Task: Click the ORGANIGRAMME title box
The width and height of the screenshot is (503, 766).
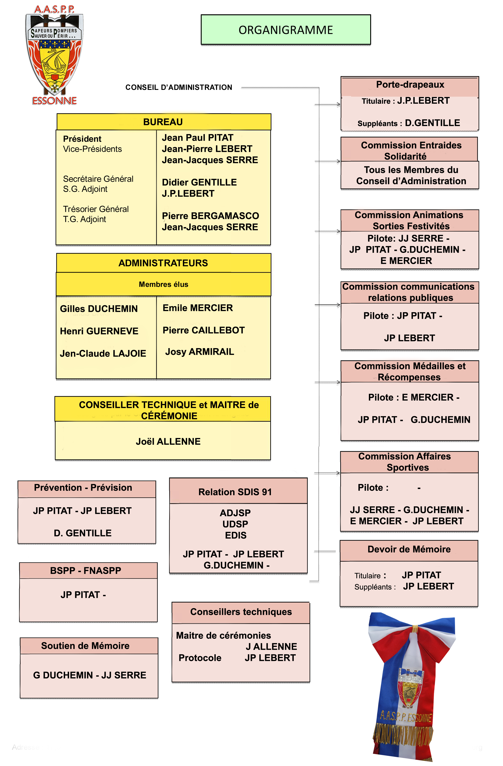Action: [285, 30]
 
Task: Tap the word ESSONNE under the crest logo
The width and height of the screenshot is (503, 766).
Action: [54, 101]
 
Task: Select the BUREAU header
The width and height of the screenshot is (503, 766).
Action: [163, 122]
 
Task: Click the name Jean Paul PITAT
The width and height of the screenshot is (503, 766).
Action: [197, 138]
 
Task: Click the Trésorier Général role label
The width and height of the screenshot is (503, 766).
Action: [96, 209]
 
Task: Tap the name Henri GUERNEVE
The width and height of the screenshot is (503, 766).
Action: [99, 331]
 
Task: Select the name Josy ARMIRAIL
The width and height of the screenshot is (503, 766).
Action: [200, 351]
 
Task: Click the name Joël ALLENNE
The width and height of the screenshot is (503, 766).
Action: [168, 441]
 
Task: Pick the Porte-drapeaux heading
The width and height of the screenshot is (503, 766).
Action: [410, 85]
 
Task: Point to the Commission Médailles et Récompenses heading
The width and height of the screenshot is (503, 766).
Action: [410, 371]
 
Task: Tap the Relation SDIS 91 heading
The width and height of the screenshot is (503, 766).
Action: [235, 492]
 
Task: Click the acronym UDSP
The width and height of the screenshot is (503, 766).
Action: [235, 524]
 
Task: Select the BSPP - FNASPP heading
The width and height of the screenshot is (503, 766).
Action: [86, 571]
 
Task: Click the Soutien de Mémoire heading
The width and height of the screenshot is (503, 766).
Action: [85, 646]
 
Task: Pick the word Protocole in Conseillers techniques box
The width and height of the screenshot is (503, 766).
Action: [200, 658]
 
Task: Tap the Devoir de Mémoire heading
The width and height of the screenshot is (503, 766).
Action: [409, 549]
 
